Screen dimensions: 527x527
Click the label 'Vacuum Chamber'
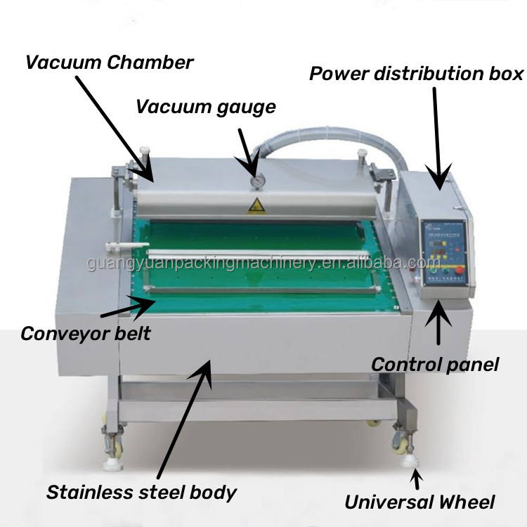coord(109,62)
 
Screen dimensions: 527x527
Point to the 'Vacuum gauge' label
coord(205,107)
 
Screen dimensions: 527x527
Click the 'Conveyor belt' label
coord(85,332)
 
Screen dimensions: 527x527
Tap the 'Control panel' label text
coord(434,364)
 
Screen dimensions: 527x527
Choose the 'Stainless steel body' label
coord(141,492)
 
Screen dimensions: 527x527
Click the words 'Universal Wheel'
coord(419,502)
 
